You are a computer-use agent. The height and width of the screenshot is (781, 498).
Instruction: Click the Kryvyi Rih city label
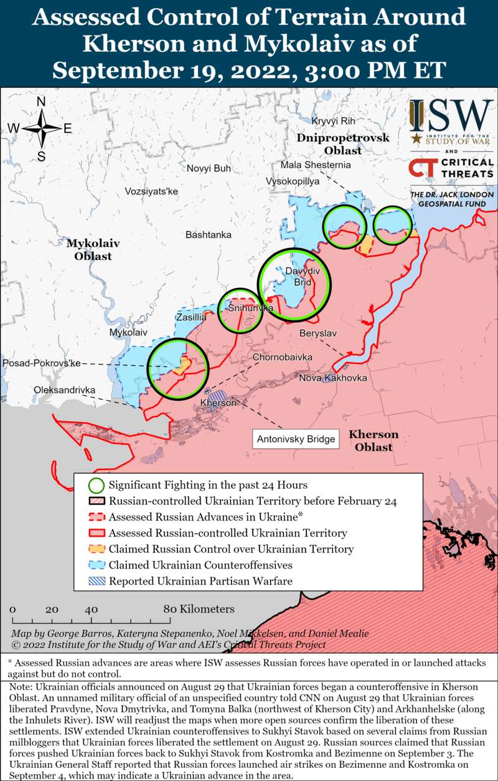(x=333, y=121)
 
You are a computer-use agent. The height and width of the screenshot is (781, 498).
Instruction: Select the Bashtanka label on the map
(x=209, y=235)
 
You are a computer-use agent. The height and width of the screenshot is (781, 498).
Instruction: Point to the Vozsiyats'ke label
(x=151, y=191)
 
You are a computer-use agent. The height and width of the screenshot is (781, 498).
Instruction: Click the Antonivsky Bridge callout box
(x=296, y=439)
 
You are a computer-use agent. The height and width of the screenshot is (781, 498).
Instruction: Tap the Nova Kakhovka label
(x=333, y=378)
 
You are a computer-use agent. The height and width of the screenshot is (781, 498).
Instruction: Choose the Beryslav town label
(x=317, y=333)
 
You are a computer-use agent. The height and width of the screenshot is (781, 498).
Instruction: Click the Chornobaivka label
(x=282, y=357)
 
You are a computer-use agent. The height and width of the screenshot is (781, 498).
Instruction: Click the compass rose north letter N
(x=42, y=102)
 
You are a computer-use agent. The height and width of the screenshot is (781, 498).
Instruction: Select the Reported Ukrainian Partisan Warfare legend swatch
(x=96, y=582)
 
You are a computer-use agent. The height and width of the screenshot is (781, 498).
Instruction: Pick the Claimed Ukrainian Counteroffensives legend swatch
(x=96, y=565)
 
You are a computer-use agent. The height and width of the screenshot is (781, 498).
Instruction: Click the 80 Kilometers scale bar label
(x=199, y=609)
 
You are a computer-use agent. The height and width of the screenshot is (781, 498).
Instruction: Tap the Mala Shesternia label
(x=316, y=165)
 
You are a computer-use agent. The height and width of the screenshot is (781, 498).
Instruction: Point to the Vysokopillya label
(x=293, y=181)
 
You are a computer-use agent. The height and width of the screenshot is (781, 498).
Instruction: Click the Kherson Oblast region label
(x=374, y=441)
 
